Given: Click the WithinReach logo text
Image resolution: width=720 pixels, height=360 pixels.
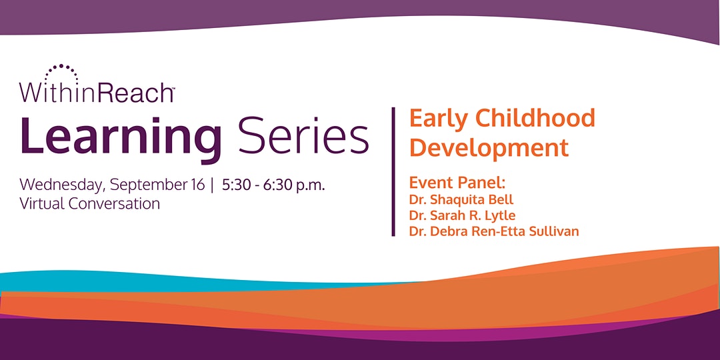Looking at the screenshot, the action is (96, 91).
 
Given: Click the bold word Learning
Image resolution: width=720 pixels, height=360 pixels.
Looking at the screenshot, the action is (121, 137).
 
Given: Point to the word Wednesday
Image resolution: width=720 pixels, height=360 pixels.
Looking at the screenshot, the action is (63, 186).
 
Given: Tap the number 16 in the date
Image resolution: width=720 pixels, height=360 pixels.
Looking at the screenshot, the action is (197, 184).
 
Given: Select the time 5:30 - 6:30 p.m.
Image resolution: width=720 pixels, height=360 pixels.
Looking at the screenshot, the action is (274, 185).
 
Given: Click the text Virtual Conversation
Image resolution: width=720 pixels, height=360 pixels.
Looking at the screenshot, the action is (89, 203).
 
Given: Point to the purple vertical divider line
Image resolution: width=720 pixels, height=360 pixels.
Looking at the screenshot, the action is (393, 172).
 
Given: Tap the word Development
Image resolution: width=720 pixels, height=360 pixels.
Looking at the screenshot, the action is (489, 148).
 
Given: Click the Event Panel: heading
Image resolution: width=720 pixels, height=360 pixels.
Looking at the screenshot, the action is (457, 183).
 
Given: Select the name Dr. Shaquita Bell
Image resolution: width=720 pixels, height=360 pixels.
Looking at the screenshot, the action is (461, 200).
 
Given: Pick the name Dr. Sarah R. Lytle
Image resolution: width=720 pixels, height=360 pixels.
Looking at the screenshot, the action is (463, 216).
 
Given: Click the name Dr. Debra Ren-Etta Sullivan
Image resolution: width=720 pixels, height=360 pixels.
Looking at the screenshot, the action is (494, 231).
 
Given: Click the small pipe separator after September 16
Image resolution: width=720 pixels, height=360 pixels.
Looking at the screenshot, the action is (212, 185).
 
